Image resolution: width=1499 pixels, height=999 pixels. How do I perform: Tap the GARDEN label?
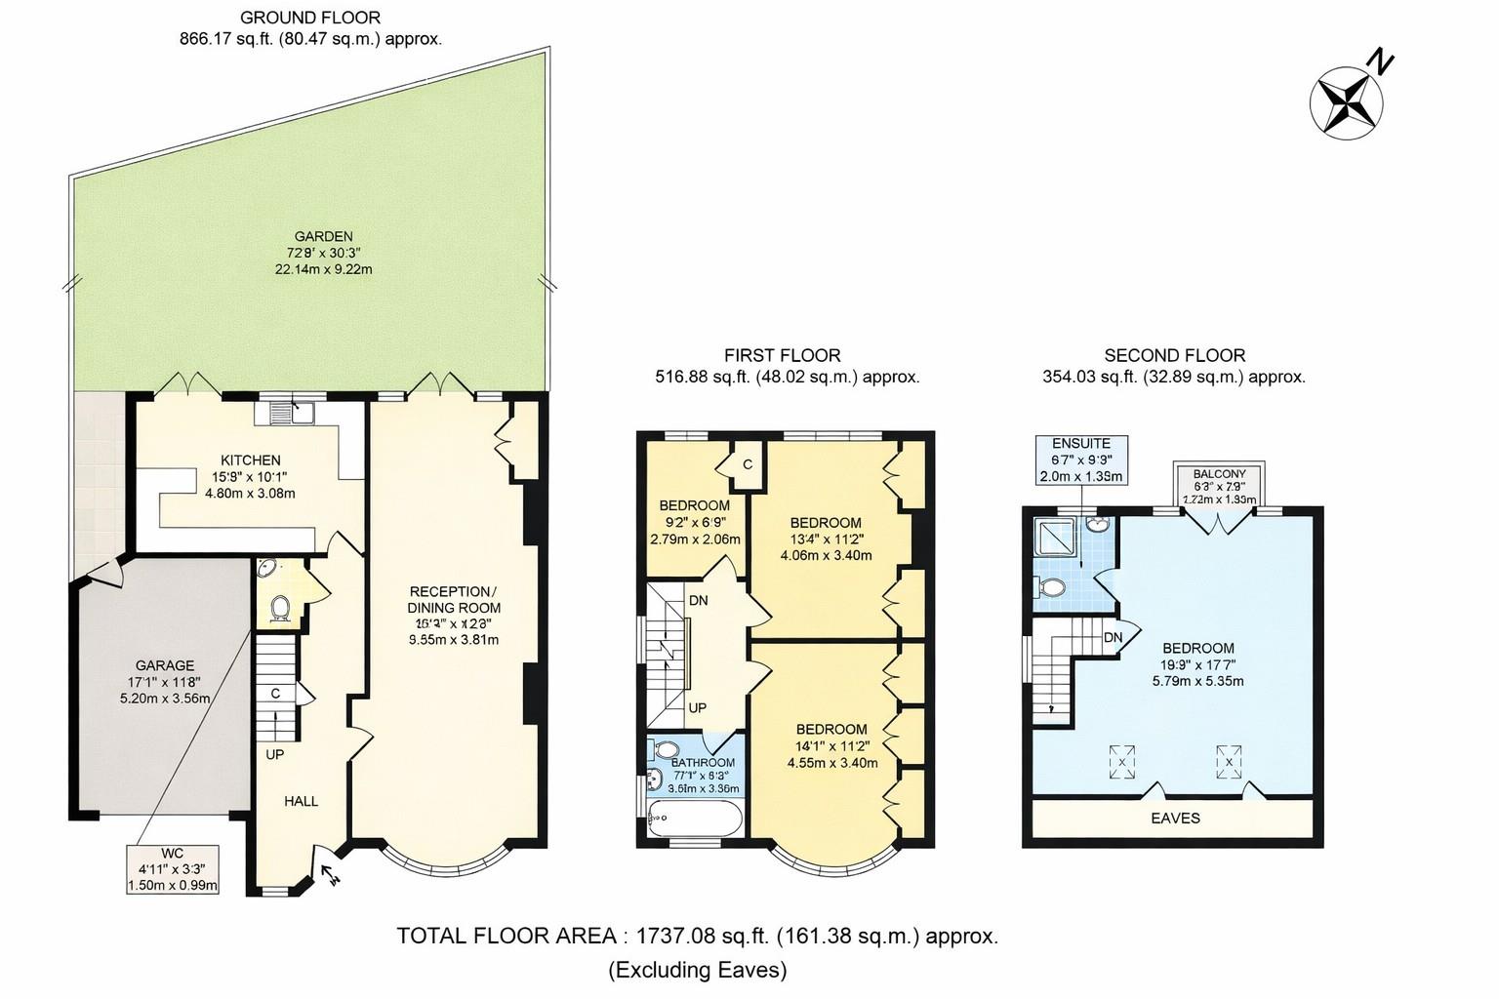[x=323, y=236]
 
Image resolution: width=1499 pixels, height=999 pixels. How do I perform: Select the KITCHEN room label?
[x=250, y=460]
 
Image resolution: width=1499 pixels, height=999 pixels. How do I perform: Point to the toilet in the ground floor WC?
[x=280, y=607]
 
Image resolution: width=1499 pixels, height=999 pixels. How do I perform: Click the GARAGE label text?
[x=165, y=665]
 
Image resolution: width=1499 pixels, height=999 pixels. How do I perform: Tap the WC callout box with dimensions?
[x=173, y=869]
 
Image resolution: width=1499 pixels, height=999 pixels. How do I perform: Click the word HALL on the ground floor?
[x=301, y=801]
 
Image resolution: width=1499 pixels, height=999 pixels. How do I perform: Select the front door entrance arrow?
[x=330, y=871]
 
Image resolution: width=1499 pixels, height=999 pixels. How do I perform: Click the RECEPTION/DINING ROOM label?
[x=454, y=600]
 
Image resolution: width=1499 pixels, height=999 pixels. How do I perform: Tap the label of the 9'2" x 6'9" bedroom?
[x=694, y=505]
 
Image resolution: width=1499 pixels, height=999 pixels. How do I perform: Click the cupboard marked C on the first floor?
[x=748, y=464]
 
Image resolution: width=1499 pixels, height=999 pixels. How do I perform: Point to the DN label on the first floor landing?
[x=698, y=600]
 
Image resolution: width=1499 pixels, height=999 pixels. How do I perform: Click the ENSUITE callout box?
[x=1081, y=460]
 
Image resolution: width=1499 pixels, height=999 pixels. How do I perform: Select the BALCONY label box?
[x=1219, y=485]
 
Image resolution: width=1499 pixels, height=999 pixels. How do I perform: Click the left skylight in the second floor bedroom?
[x=1122, y=761]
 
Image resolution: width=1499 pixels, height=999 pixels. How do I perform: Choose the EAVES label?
[x=1174, y=818]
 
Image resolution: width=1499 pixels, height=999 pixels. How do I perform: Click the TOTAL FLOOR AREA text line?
[x=697, y=936]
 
